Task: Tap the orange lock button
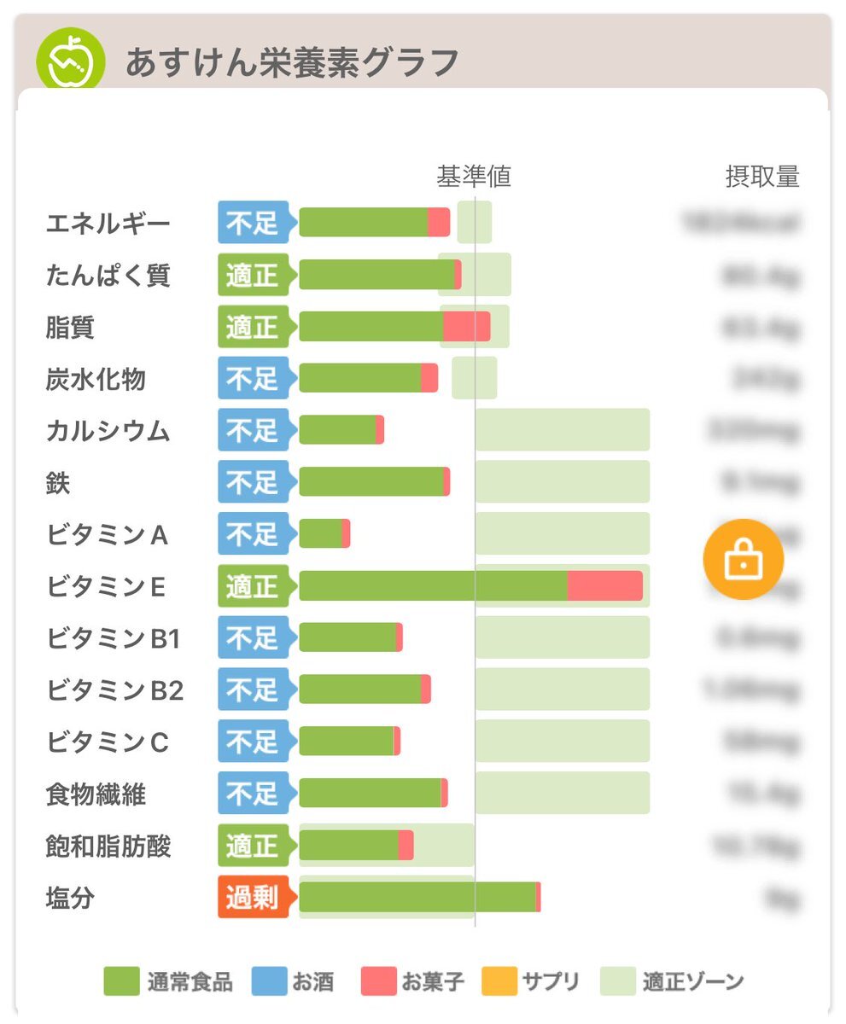click(x=743, y=559)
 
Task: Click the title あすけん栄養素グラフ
click(x=292, y=62)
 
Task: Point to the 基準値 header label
click(x=474, y=177)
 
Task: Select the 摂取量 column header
click(x=762, y=177)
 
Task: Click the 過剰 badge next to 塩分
click(x=253, y=898)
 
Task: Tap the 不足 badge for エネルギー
click(x=253, y=224)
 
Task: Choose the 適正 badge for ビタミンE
click(x=253, y=586)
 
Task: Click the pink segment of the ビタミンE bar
click(x=604, y=586)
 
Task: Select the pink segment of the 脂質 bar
click(x=466, y=327)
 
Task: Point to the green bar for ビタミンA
click(x=320, y=534)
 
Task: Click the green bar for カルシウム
click(x=337, y=430)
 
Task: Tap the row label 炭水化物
click(x=96, y=379)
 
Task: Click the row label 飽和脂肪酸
click(x=108, y=847)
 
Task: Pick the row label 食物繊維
click(x=96, y=794)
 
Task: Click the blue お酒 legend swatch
click(x=269, y=981)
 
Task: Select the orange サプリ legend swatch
click(x=499, y=981)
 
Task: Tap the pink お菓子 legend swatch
click(x=379, y=981)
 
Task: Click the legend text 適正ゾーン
click(x=693, y=981)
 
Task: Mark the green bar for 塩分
click(x=417, y=898)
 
